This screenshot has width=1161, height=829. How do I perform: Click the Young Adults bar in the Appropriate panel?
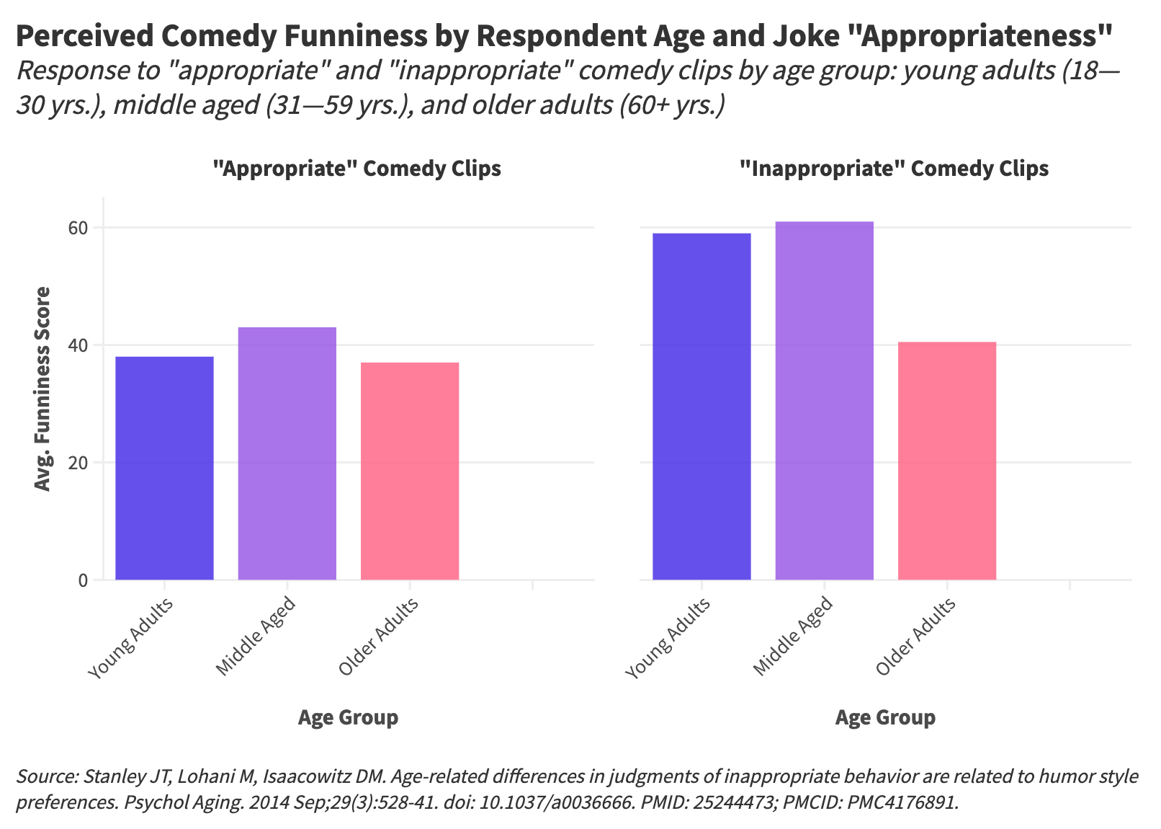click(164, 468)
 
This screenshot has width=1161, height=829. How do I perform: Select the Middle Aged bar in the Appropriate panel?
click(287, 453)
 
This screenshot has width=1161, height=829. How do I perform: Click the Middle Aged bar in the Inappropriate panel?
click(824, 400)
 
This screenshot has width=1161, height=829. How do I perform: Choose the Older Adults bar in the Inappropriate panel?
click(947, 461)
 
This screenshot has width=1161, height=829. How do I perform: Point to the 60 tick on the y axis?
click(79, 229)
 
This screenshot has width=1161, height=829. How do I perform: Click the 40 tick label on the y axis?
click(79, 346)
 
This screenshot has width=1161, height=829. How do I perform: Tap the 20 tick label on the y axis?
click(79, 463)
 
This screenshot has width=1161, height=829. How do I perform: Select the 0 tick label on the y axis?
click(84, 580)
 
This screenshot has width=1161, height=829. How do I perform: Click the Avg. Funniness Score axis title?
click(43, 389)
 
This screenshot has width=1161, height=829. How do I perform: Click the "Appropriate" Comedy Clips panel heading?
click(357, 169)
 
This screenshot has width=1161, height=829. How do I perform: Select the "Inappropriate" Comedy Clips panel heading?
click(895, 169)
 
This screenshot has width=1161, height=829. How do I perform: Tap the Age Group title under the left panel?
click(348, 717)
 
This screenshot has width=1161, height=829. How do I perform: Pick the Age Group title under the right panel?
click(885, 717)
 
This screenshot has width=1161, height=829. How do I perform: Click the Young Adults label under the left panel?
click(130, 639)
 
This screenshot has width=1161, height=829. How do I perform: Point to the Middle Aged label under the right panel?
click(794, 637)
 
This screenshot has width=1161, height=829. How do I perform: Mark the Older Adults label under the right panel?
click(916, 637)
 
